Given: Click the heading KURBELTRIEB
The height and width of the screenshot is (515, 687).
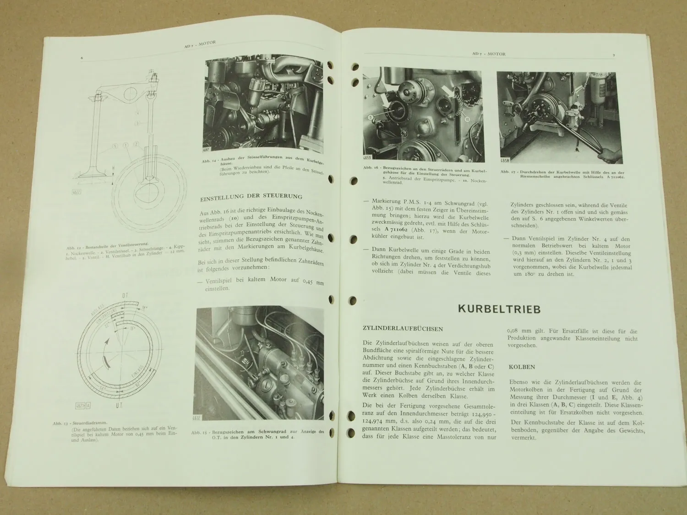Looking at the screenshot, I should pyautogui.click(x=499, y=309).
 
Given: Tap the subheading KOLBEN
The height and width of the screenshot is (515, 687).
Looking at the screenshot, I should pyautogui.click(x=521, y=367).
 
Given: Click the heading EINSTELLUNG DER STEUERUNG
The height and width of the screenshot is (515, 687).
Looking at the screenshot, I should pyautogui.click(x=251, y=196).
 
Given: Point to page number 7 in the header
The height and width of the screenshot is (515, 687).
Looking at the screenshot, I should pyautogui.click(x=613, y=55).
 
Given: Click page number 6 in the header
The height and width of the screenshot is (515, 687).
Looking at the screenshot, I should pyautogui.click(x=82, y=58).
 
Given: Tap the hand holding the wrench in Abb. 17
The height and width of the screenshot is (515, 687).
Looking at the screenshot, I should pyautogui.click(x=611, y=155).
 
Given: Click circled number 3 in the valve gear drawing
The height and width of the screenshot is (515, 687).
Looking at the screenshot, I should pyautogui.click(x=137, y=124).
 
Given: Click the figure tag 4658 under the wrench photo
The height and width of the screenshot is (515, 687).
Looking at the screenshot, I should pyautogui.click(x=505, y=161).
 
